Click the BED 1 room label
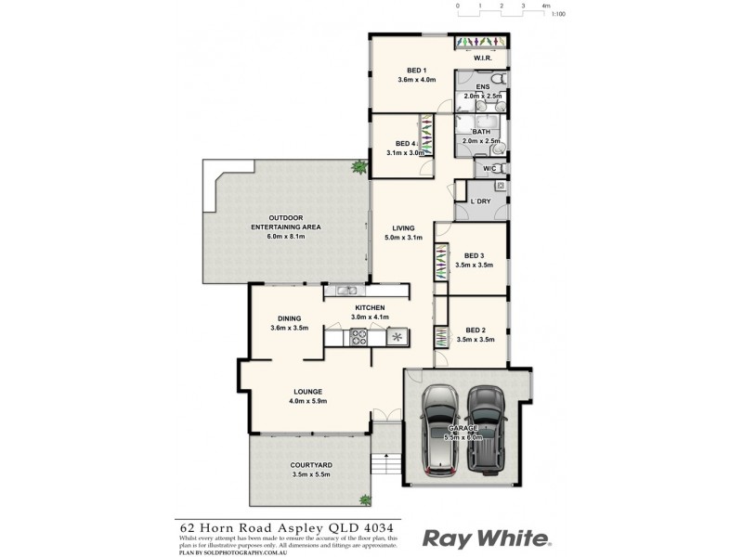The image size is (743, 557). pos(416,71)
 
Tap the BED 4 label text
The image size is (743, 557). pos(405,144)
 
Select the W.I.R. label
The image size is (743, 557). pos(482,58)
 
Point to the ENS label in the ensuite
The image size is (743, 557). pos(482,87)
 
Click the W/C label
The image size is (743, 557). pos(489,168)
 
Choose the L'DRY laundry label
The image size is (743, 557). pos(480,201)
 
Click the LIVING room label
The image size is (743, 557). pos(403,227)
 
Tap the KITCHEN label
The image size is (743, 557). pos(369,307)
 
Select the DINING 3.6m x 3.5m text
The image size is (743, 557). pos(289,322)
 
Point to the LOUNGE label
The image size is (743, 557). pos(307,391)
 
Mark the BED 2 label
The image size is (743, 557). pos(475,330)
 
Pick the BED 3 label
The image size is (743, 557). pos(475,255)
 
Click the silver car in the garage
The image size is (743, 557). pos(439,428)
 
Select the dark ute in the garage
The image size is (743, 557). pos(486,428)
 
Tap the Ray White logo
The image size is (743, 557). pos(488,538)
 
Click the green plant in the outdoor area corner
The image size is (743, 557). pos(358,168)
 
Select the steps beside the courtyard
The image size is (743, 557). pos(385,461)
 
